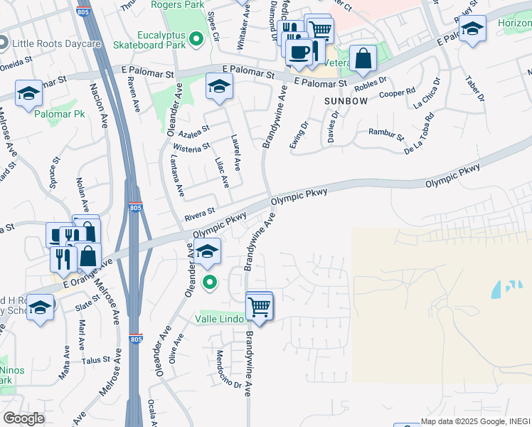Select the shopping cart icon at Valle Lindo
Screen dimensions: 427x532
click(x=260, y=307)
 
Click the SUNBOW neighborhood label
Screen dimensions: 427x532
click(x=346, y=101)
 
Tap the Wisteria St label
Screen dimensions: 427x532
click(x=192, y=147)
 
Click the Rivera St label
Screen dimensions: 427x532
click(x=200, y=212)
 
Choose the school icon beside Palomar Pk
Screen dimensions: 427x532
click(x=28, y=93)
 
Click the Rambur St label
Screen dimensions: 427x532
click(x=386, y=133)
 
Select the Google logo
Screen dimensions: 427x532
click(x=23, y=418)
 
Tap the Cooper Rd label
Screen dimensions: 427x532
click(x=397, y=94)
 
